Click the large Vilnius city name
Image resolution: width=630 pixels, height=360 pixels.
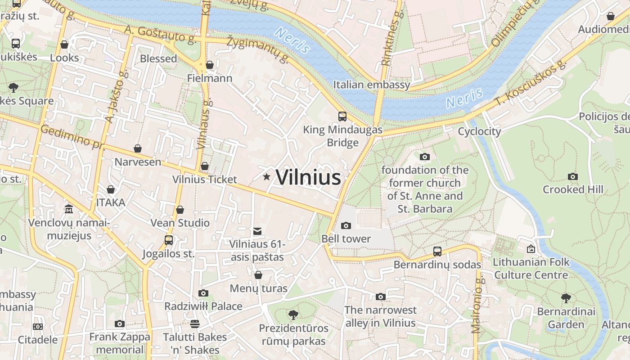tap(308, 177)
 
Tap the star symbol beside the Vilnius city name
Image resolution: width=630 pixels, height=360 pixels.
tap(267, 177)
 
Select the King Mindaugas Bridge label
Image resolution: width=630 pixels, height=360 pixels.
tap(342, 136)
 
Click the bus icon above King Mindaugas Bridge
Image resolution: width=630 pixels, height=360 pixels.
tap(342, 117)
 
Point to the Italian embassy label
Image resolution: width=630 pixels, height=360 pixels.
tap(372, 85)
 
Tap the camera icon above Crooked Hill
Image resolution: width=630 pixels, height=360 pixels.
tap(573, 176)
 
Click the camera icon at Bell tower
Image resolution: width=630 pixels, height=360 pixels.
tap(346, 225)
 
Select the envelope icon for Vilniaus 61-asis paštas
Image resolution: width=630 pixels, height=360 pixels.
tap(257, 231)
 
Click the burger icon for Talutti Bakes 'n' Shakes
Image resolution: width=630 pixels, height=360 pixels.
tap(195, 324)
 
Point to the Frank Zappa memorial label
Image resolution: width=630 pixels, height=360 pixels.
tap(120, 343)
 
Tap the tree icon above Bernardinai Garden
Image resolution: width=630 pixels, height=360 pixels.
tap(566, 298)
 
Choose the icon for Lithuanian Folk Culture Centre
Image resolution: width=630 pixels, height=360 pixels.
tap(531, 249)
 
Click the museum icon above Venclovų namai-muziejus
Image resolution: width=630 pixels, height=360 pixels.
tap(69, 209)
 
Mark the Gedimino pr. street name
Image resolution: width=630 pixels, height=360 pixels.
tap(72, 137)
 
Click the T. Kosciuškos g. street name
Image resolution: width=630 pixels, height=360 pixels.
tap(530, 83)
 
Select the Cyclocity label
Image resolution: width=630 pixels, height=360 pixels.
tap(479, 131)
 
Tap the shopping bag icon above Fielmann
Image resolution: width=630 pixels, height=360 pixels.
tap(210, 65)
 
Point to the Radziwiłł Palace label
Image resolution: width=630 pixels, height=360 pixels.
tap(203, 306)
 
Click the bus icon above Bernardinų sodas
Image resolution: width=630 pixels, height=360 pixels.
tap(437, 252)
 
